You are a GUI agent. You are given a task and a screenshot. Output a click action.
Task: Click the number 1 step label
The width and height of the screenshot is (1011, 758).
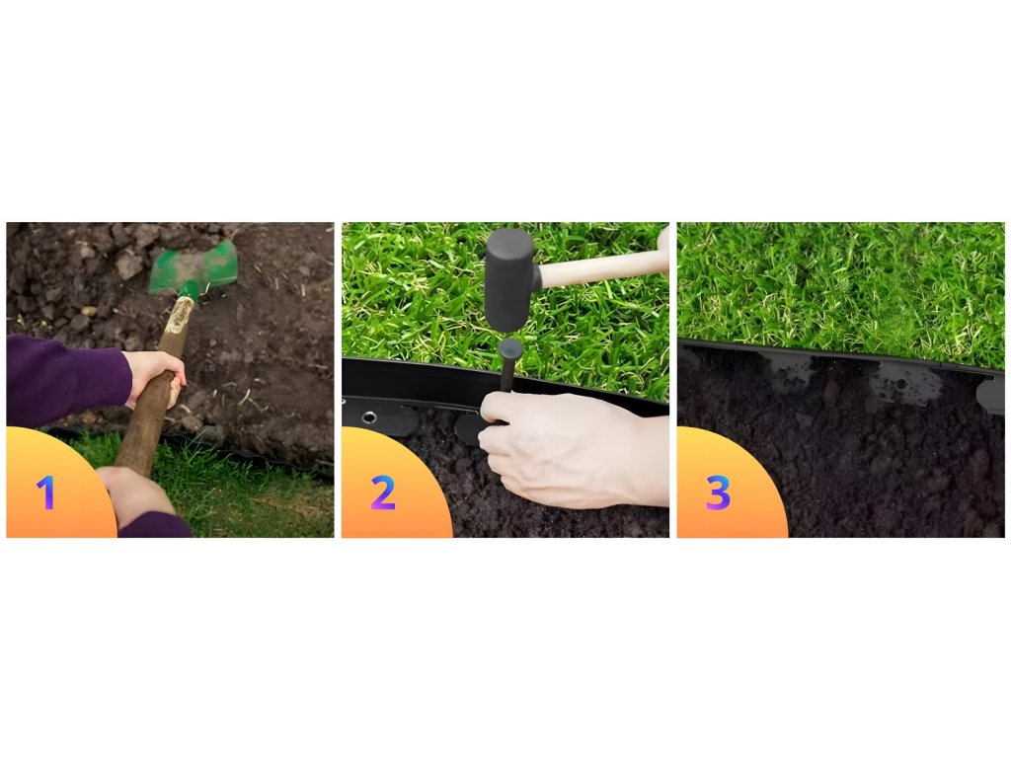pos(45,493)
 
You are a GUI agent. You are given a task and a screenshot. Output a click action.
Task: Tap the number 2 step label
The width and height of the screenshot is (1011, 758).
pos(382,493)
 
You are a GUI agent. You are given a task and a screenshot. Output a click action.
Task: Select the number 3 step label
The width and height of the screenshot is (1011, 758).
pos(718,493)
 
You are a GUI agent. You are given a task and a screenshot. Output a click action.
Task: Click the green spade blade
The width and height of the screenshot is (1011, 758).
pos(194,265)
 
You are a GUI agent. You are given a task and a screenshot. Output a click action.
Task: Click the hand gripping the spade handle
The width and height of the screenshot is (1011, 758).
pos(155,377)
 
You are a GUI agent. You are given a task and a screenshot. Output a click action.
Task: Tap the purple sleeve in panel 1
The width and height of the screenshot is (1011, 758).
pos(64,380)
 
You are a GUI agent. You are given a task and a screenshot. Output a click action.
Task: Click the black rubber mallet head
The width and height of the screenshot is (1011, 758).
pos(512,278)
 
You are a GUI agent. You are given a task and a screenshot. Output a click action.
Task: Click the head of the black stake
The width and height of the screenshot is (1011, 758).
pos(510,350)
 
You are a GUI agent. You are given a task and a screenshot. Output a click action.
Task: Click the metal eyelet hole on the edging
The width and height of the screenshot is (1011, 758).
pos(369,417)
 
